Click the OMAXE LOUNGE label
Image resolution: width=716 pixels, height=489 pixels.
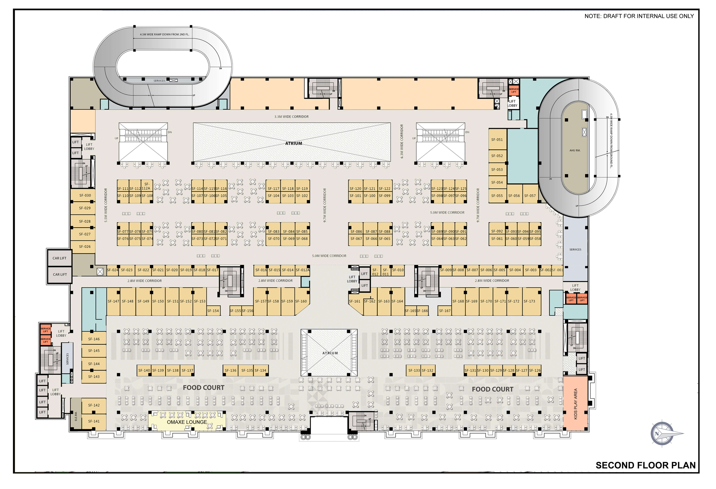coord(187,422)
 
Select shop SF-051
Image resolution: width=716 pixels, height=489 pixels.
coord(497,139)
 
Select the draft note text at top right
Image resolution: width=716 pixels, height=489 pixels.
coord(639,16)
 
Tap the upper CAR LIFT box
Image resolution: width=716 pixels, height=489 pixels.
coord(59,258)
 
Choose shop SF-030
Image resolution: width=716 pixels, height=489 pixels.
coord(85,195)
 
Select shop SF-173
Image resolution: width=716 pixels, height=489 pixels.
coord(529,301)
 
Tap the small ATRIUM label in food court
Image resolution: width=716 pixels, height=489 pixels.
coord(330,353)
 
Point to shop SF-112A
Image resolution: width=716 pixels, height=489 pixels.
coord(147,186)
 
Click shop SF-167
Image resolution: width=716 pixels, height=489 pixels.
coord(445,311)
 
